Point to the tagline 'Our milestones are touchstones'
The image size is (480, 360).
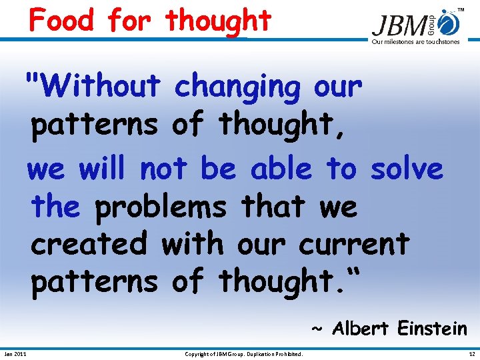tap(415, 42)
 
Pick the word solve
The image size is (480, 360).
tap(407, 169)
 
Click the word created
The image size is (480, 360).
tap(89, 243)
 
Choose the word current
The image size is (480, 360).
tap(353, 245)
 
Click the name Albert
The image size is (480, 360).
tap(361, 329)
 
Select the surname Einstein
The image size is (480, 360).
tap(432, 329)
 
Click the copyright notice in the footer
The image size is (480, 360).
tap(244, 353)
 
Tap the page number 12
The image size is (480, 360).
tap(472, 353)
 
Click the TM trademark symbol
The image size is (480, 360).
tap(461, 10)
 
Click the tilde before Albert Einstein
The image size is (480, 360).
tap(319, 329)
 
